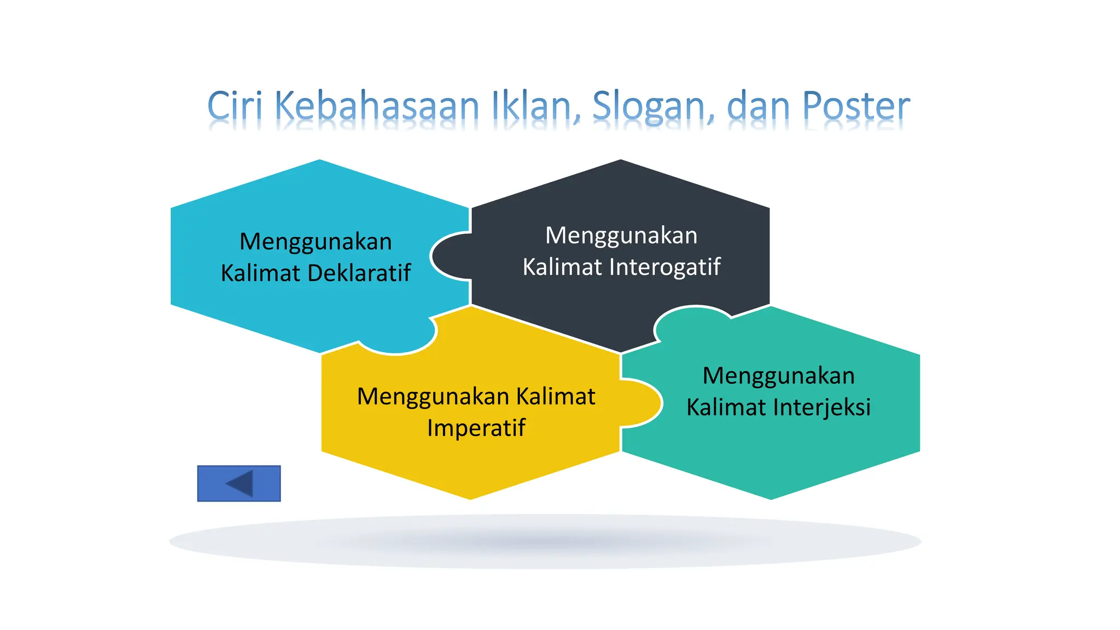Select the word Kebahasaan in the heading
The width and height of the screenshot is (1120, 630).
tap(377, 106)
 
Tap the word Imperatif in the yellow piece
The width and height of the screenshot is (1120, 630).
tap(476, 428)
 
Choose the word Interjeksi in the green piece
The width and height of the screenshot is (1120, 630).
tap(822, 407)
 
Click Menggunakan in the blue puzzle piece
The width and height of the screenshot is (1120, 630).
tap(316, 242)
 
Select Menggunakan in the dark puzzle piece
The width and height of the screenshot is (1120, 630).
tap(621, 236)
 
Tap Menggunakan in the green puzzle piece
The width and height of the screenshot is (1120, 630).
tap(778, 376)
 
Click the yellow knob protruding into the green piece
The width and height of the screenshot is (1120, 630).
tap(641, 403)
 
